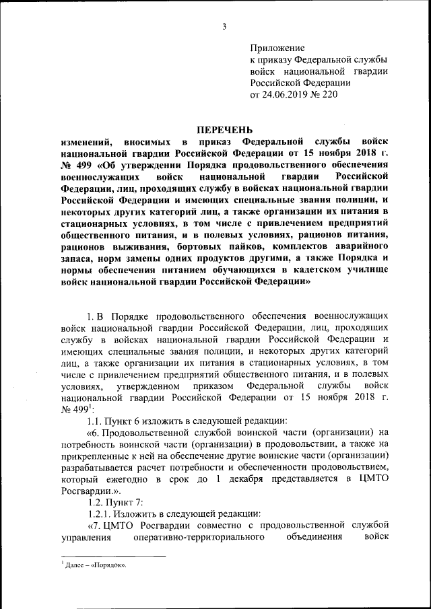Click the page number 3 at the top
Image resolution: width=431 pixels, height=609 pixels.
(225, 26)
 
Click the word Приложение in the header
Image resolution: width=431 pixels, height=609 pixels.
(277, 48)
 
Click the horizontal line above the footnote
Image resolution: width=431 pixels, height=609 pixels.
(112, 557)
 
